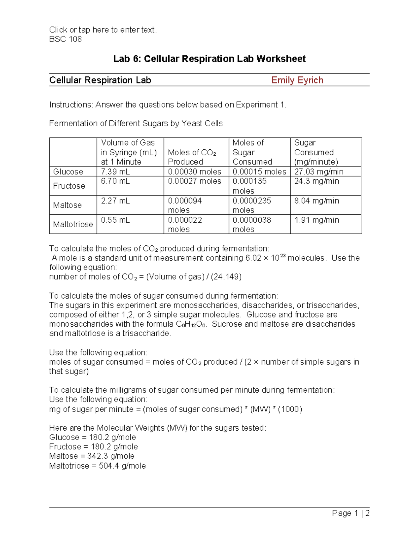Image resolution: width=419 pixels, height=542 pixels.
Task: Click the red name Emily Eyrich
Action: [x=297, y=80]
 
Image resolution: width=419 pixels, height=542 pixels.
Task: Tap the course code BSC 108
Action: [x=65, y=39]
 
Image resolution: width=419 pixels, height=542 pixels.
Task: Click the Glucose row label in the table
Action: [x=68, y=172]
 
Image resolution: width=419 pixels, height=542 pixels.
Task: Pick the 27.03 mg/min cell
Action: [x=318, y=172]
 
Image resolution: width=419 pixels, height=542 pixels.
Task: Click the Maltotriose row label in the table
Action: [x=73, y=224]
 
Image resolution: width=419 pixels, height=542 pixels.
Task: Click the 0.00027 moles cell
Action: [x=194, y=181]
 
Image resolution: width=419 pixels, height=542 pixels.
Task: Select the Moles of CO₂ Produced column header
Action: [x=192, y=157]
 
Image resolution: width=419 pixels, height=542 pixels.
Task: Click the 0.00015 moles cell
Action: [x=259, y=172]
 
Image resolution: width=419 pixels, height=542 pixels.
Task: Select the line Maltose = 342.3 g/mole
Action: [x=91, y=456]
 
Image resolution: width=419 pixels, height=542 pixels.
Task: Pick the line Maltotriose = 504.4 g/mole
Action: [x=97, y=466]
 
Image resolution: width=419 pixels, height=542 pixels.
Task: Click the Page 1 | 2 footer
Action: [x=351, y=513]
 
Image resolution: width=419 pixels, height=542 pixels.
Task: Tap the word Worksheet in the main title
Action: [x=281, y=59]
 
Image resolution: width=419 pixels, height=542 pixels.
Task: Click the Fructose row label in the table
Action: [x=69, y=186]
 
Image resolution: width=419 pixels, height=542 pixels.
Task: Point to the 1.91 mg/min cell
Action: [x=316, y=220]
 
